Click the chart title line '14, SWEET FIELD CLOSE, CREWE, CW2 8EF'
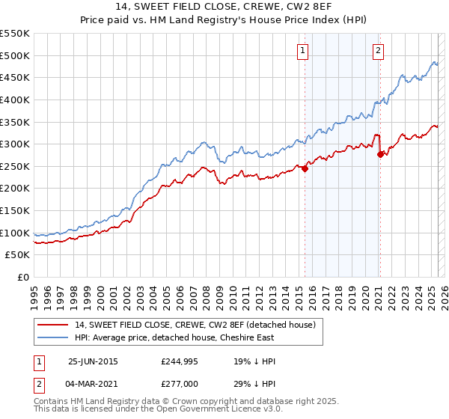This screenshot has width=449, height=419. tap(224, 9)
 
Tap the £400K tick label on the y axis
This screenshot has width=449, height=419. tap(15, 100)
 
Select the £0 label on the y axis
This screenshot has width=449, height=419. tap(24, 277)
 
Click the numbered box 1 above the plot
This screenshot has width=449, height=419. tap(302, 51)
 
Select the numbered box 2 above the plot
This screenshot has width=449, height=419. tap(378, 51)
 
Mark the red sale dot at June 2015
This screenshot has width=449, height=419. tap(305, 168)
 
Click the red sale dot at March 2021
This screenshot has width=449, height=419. tap(381, 154)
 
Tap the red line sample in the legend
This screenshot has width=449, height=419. tap(53, 325)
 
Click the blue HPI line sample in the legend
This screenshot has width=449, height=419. tap(53, 337)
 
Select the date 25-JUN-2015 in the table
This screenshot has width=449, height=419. tap(93, 361)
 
